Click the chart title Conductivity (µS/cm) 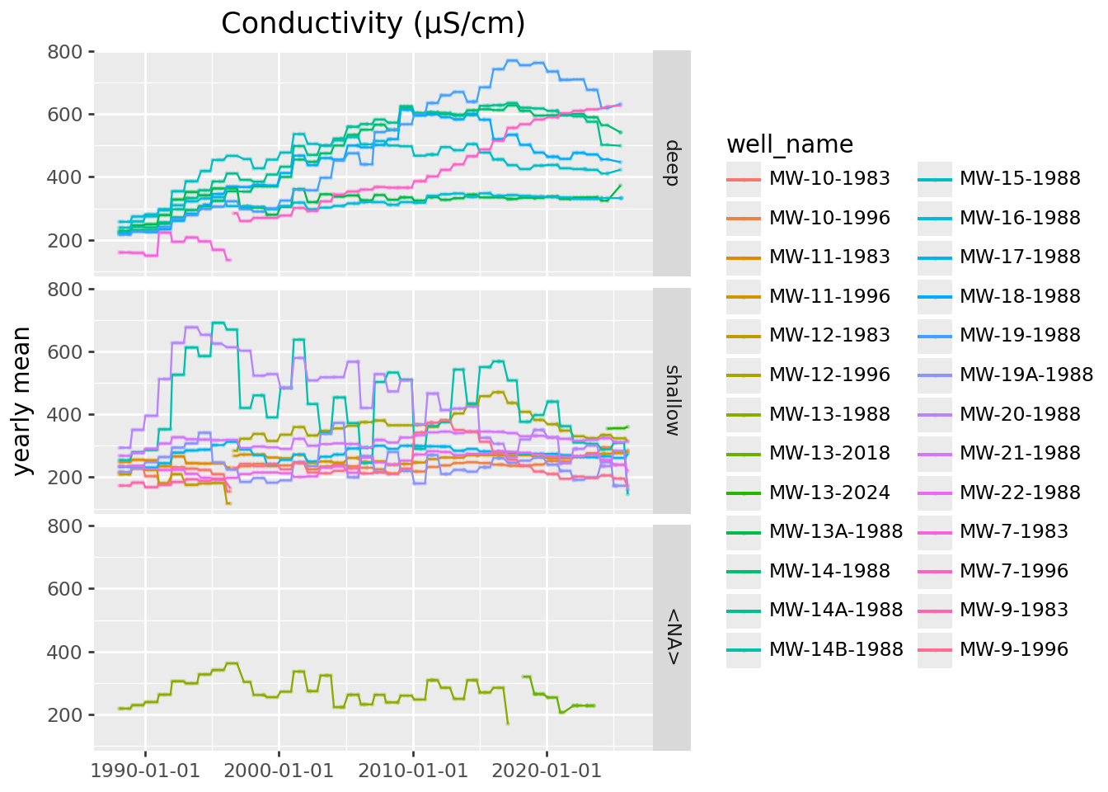pos(373,23)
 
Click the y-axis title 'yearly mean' pos(23,401)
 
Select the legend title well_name pos(789,144)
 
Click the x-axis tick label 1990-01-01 pos(145,771)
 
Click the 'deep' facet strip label pos(672,163)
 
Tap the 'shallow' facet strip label pos(672,400)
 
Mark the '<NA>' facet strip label pos(672,637)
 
